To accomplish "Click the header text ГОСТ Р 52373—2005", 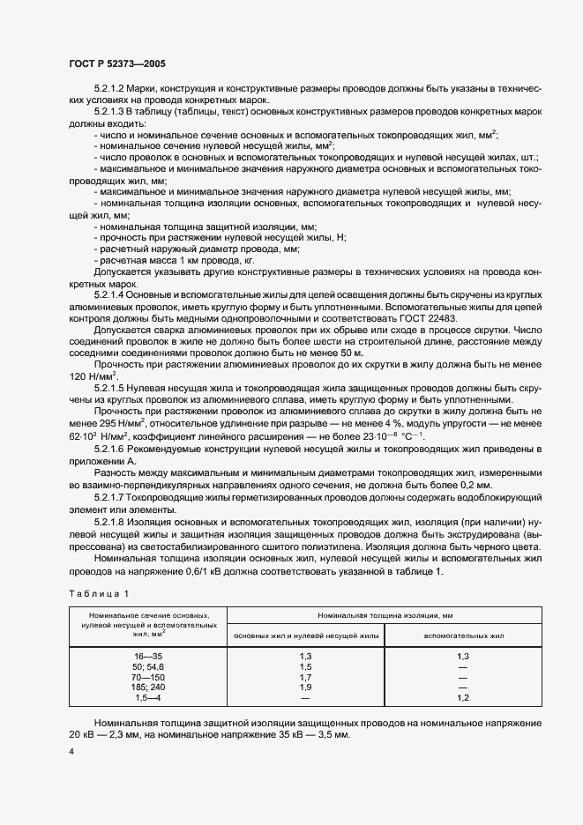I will [x=116, y=64].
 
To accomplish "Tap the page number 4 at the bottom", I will [x=71, y=751].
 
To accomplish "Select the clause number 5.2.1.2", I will [x=111, y=91].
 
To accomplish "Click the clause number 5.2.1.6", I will [x=111, y=449].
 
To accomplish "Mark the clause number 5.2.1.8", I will [x=111, y=524].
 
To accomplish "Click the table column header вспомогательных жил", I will [x=463, y=635].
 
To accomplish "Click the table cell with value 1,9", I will [x=305, y=687].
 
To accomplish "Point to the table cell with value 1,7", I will [x=305, y=678].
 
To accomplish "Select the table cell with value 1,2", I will [x=463, y=697].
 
